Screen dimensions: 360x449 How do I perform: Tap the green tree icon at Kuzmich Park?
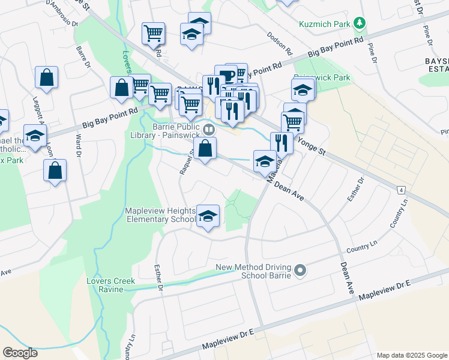360,23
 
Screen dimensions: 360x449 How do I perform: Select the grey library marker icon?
209,129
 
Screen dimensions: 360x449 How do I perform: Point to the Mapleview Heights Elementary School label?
160,215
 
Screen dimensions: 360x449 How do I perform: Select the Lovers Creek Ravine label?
110,285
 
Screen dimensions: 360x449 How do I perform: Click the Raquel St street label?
185,162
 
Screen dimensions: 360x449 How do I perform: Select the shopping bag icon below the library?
205,151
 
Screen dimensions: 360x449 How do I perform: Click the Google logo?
20,352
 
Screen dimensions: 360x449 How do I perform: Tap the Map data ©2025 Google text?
411,355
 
